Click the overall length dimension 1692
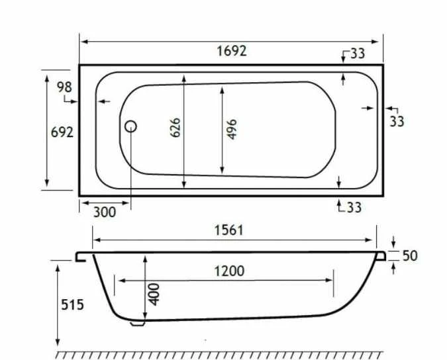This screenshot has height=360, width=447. coord(231,51)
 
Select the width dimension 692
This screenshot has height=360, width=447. coord(62,132)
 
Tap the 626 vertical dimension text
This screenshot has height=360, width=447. coord(176,128)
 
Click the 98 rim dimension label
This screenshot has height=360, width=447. coord(64,87)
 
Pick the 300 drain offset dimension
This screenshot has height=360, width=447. coord(105,212)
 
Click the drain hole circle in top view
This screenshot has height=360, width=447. coord(131,126)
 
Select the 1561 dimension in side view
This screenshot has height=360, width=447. coord(228,230)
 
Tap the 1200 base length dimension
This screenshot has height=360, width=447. coord(229,271)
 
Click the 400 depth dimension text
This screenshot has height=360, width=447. coord(155,294)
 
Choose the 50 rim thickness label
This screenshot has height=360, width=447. coord(410,255)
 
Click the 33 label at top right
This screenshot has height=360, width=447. coord(357,54)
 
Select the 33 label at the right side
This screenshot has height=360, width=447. coord(397,121)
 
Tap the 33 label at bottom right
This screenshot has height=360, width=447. coord(354,207)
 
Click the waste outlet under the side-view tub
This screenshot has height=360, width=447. coord(137,324)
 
